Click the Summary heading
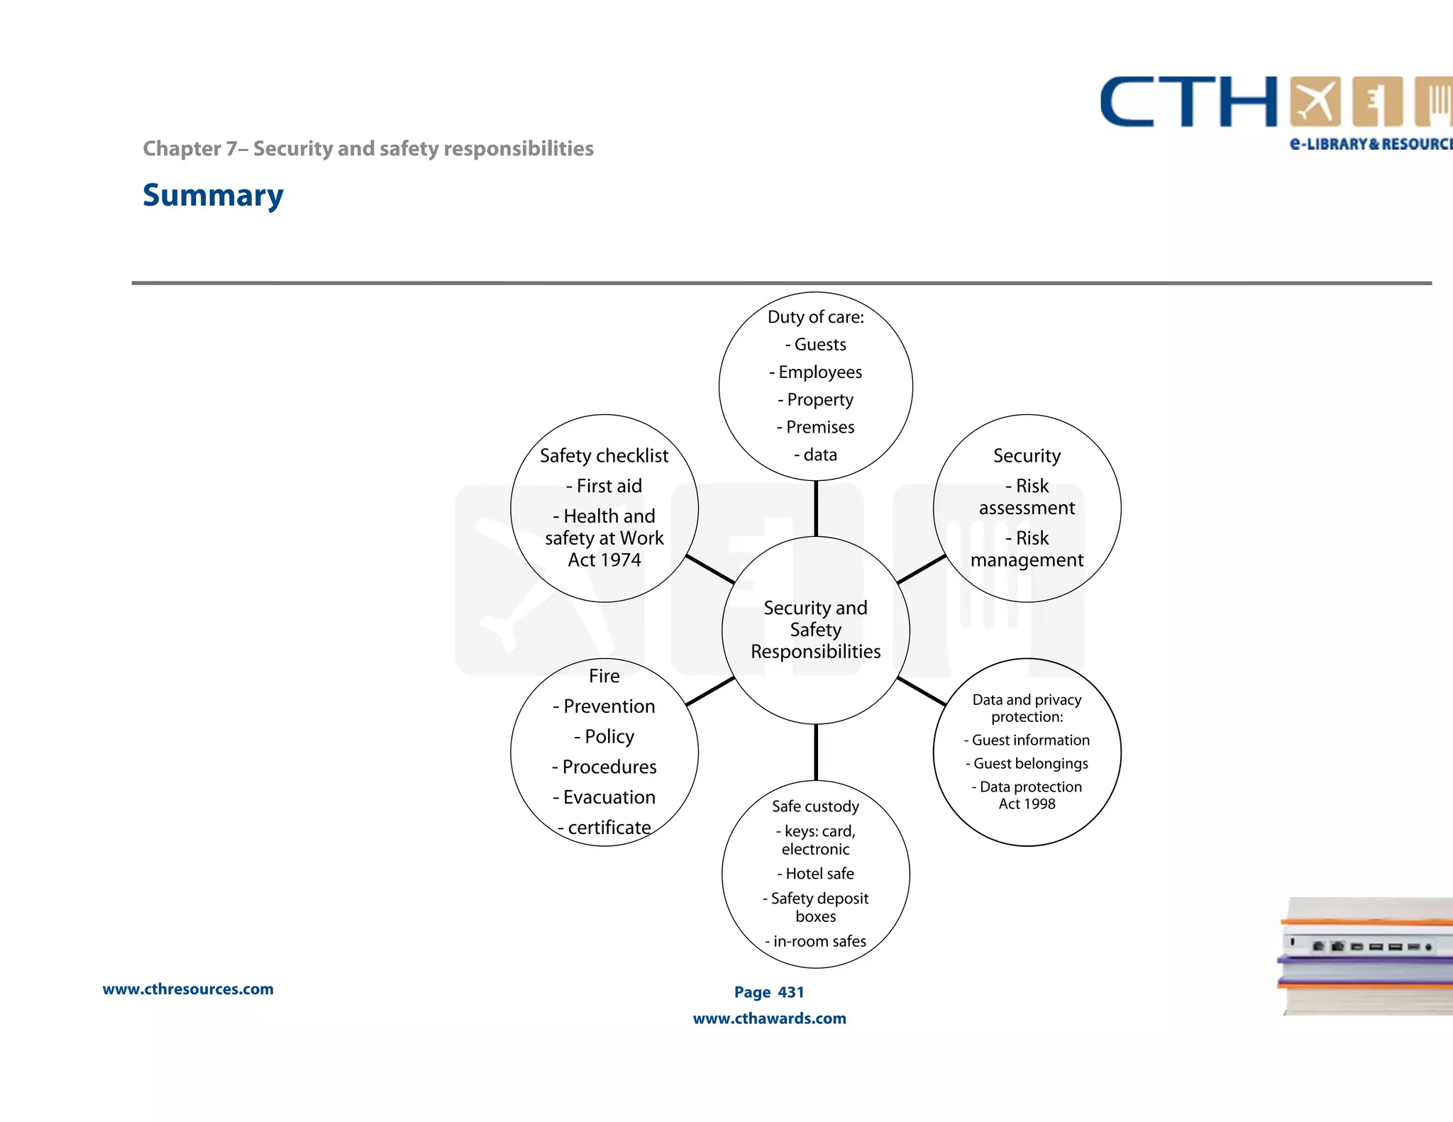point(213,195)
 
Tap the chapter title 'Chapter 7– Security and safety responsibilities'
point(368,148)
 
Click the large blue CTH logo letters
point(1188,103)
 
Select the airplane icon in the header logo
point(1315,102)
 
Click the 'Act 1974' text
point(604,560)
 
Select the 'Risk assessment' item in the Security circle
point(1027,496)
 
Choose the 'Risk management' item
point(1027,549)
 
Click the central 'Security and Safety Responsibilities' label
point(816,630)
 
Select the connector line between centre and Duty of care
point(816,509)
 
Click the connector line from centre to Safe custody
point(816,752)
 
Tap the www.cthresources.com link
point(188,989)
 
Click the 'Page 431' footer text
point(769,992)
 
